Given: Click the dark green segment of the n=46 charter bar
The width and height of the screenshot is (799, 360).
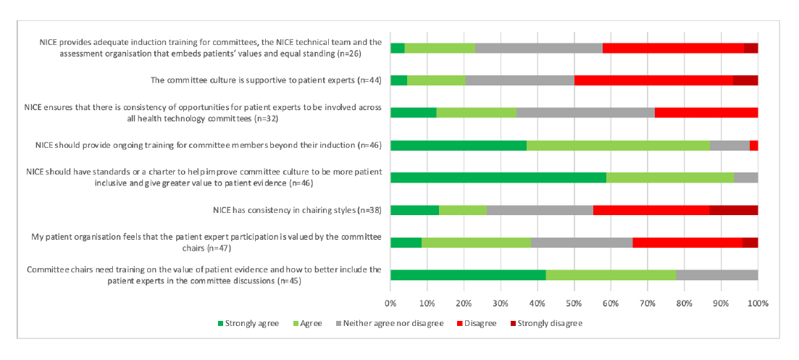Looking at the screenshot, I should coord(498,177).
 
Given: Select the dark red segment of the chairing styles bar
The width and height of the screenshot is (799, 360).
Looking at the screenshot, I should coord(734,210).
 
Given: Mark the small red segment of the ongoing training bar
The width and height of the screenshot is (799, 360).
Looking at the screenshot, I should coord(753,146).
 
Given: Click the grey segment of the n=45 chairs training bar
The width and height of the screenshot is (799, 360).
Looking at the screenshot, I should coord(716,275).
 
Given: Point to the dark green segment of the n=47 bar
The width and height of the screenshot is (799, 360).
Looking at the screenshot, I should coord(406,242).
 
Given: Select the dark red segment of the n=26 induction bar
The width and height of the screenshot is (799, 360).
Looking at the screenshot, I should coord(750,48).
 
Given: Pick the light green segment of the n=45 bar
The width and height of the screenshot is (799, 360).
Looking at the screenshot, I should coord(611,275).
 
